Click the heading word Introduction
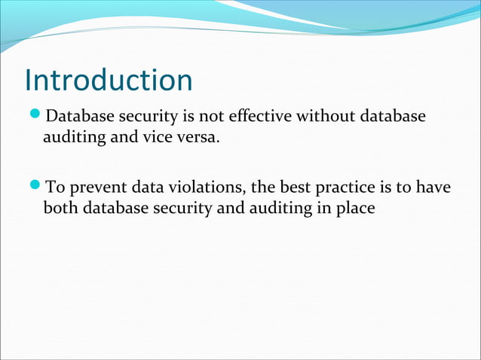[109, 81]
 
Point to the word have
[435, 186]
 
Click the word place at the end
[352, 208]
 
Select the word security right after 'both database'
[181, 208]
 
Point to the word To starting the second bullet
[56, 186]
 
